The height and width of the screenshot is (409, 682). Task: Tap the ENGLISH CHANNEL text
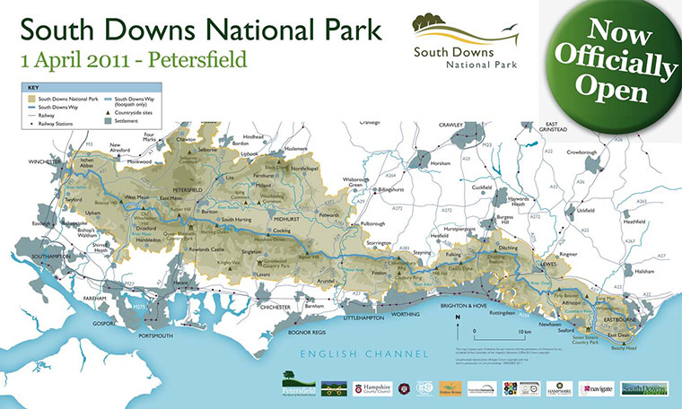364,352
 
